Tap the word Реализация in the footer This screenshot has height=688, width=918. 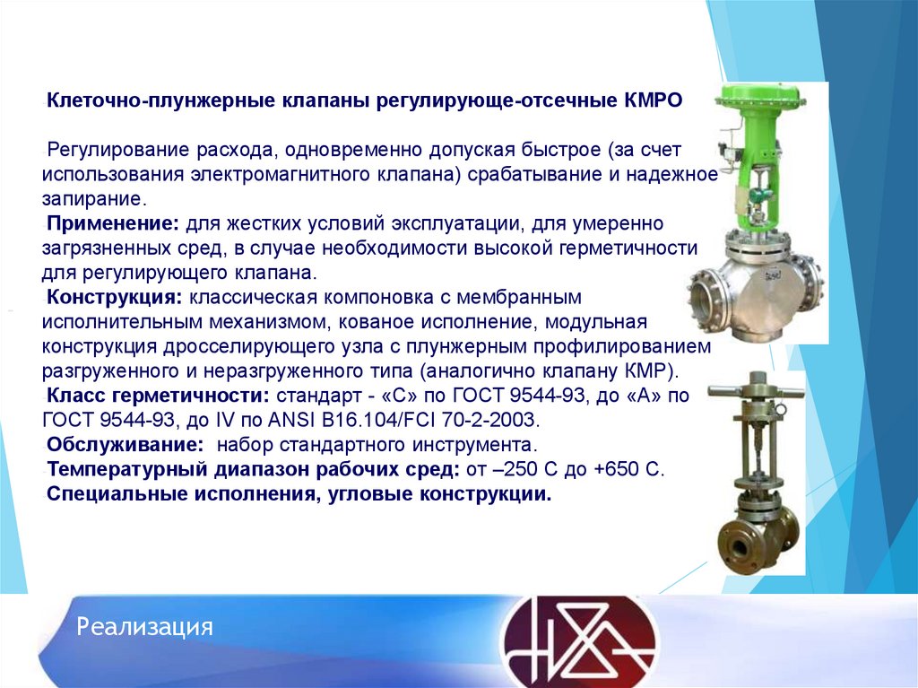coord(144,626)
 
